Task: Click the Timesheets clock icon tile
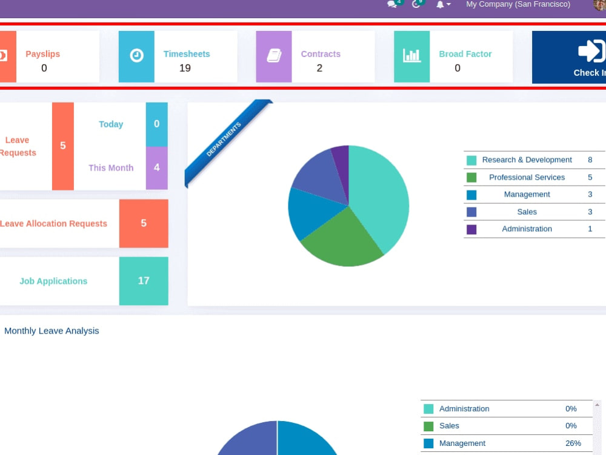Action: tap(136, 56)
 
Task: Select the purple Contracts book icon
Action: tap(274, 56)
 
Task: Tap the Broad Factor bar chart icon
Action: tap(411, 56)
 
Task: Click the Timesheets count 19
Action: tap(185, 68)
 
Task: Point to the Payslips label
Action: tap(43, 54)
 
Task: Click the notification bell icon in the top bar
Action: tap(440, 5)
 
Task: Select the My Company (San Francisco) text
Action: tap(518, 4)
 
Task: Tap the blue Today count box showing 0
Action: tap(156, 124)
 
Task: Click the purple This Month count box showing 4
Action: tap(156, 168)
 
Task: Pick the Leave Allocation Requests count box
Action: tap(144, 223)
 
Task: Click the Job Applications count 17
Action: tap(144, 281)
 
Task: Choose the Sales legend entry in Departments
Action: tap(527, 212)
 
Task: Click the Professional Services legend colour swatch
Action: tap(471, 178)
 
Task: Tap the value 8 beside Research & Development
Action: tap(590, 160)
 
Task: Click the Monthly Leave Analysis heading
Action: tap(52, 331)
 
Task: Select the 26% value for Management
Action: tap(573, 443)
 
